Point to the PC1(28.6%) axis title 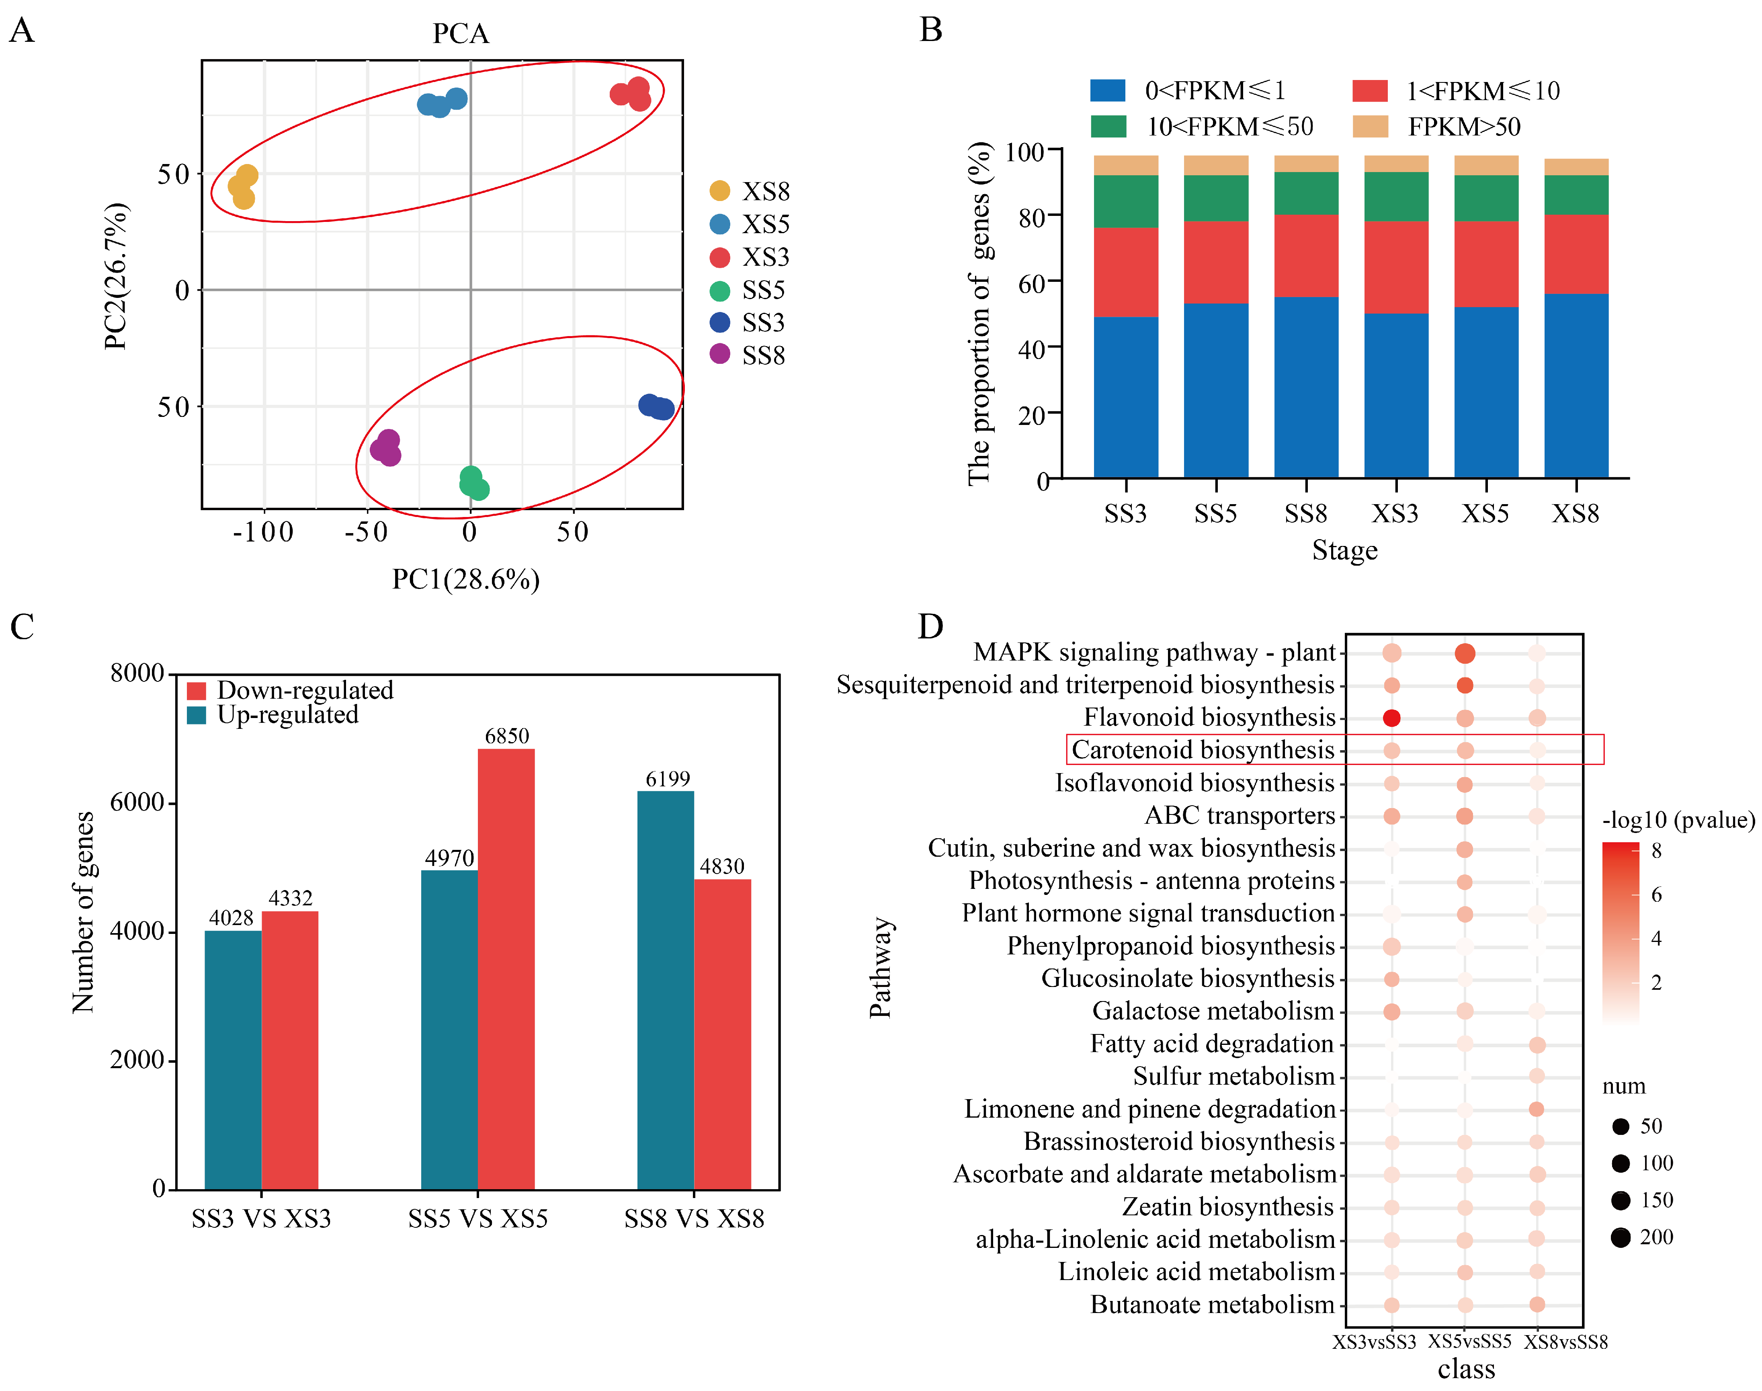[x=466, y=579]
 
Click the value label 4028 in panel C [x=231, y=918]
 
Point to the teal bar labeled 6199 [x=665, y=989]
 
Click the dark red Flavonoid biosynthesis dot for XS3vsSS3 [x=1391, y=718]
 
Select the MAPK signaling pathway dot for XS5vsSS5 [x=1465, y=653]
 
